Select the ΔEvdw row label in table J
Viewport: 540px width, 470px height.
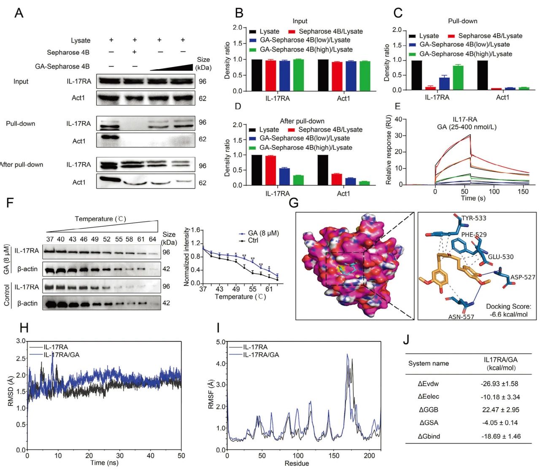[428, 384]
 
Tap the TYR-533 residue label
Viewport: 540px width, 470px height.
[474, 218]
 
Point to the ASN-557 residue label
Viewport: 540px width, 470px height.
[461, 317]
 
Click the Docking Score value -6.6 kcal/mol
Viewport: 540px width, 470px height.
[508, 314]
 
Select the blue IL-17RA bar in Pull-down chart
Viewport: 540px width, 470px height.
[444, 84]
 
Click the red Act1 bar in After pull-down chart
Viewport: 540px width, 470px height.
[336, 179]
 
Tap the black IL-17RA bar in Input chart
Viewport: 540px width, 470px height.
[256, 75]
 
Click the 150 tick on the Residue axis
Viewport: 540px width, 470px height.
[334, 456]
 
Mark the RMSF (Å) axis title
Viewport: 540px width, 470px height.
[211, 394]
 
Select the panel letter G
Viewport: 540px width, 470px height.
[294, 203]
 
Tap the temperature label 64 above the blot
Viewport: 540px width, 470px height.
[152, 239]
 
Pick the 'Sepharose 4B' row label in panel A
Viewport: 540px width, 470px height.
[68, 52]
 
